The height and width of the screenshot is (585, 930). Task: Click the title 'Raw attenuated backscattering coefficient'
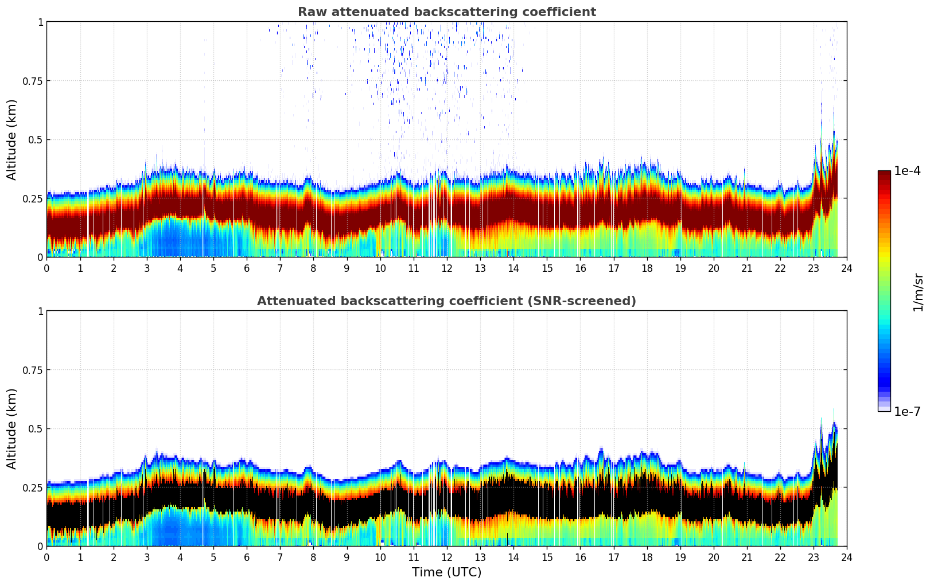[x=446, y=12]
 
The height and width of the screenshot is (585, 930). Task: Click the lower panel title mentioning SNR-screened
[x=446, y=301]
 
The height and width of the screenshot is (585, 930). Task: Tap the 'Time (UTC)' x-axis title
[x=446, y=572]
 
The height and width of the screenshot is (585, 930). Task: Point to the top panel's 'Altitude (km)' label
[x=11, y=139]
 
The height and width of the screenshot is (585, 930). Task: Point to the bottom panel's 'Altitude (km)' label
[x=11, y=428]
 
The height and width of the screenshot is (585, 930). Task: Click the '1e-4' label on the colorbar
[x=907, y=171]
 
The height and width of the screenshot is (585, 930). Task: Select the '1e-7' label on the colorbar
[x=907, y=411]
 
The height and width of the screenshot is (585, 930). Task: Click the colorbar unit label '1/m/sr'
[x=918, y=292]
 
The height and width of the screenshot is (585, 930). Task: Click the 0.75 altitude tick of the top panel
[x=33, y=81]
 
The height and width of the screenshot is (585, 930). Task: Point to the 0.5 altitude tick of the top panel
[x=36, y=140]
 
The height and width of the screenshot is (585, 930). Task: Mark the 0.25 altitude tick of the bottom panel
[x=33, y=487]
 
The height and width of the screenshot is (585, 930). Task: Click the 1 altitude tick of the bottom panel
[x=40, y=311]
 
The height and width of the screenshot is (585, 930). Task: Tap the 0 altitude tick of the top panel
[x=40, y=257]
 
